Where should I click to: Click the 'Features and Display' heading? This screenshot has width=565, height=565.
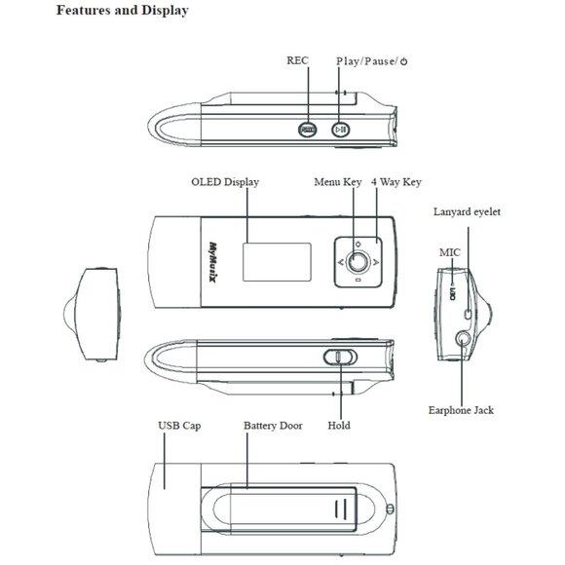(123, 10)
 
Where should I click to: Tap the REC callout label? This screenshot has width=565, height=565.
(298, 60)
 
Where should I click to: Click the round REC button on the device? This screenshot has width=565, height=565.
(308, 130)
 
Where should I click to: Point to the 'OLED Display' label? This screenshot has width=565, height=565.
(225, 182)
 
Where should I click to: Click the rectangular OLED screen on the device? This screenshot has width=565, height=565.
(277, 262)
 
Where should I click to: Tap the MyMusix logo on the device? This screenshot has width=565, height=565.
(214, 262)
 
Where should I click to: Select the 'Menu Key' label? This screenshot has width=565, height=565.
(338, 182)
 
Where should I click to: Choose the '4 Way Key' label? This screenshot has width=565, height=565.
(396, 182)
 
